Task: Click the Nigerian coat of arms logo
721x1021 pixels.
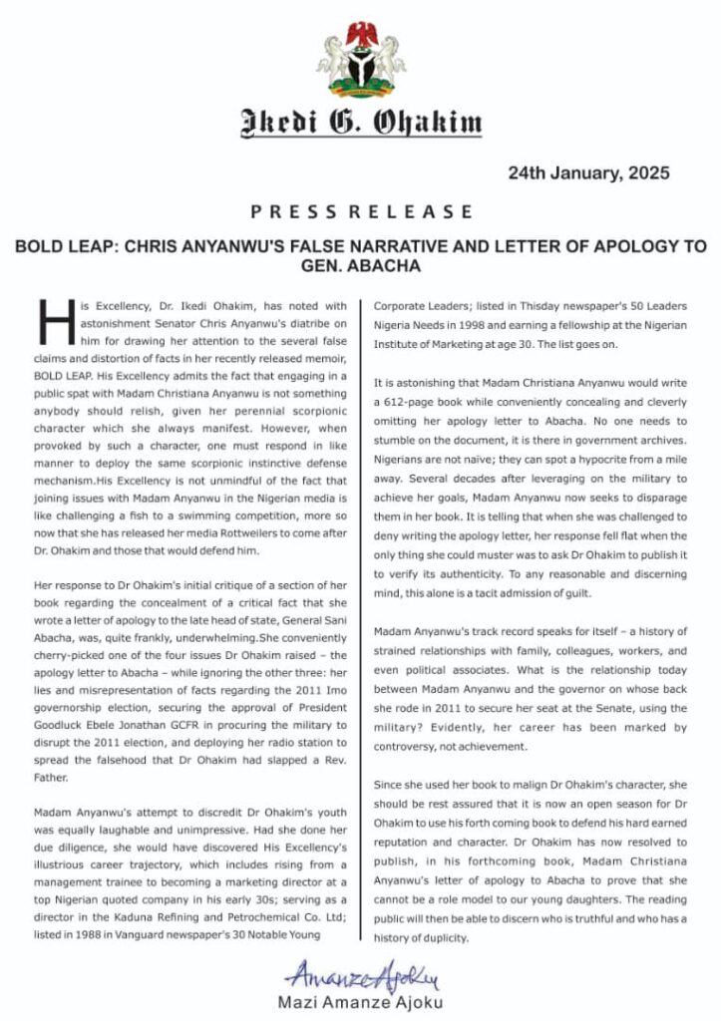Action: coord(360,59)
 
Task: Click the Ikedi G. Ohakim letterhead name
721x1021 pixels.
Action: coord(360,125)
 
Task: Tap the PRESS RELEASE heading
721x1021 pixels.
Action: coord(360,211)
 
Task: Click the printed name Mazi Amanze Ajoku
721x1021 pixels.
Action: coord(360,1001)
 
